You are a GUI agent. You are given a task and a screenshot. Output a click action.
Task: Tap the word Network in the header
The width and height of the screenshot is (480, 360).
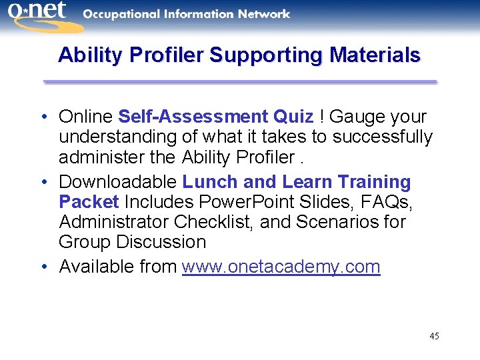click(x=265, y=14)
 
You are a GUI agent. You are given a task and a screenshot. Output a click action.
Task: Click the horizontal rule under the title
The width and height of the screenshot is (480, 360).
click(x=240, y=82)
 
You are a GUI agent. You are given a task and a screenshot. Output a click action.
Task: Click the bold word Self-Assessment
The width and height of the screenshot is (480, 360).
click(x=193, y=117)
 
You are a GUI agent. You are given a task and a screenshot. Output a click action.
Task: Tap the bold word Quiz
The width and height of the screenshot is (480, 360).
click(x=293, y=117)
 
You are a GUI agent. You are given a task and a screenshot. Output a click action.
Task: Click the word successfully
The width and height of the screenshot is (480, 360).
click(x=383, y=137)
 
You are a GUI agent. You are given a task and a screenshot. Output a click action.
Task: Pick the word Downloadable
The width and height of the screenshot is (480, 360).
click(x=118, y=181)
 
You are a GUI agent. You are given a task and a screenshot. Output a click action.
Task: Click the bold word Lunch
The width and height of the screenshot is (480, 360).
click(x=211, y=181)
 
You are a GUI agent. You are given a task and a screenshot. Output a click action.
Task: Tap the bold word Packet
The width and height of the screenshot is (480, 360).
click(x=89, y=201)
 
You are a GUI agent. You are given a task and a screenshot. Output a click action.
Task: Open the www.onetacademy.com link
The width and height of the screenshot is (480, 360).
click(x=281, y=267)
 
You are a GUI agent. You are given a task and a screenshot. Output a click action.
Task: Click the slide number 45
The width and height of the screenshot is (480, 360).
click(x=434, y=336)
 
